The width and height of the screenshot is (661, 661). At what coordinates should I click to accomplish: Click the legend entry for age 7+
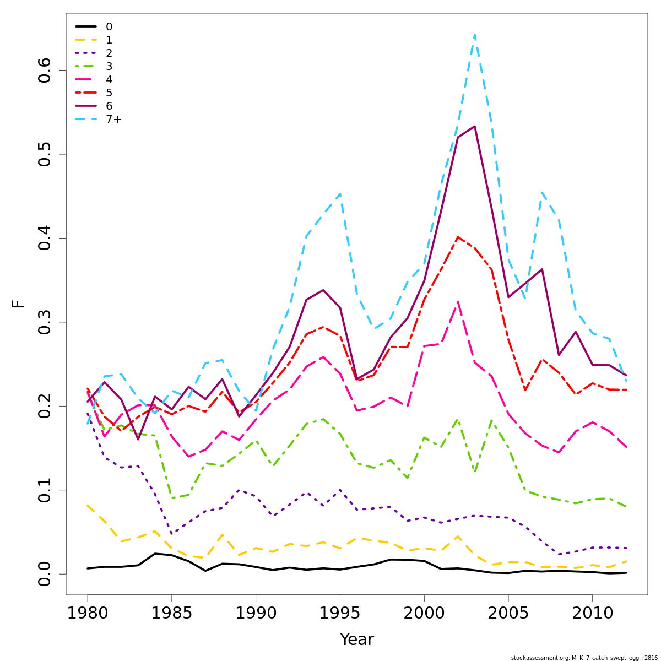pyautogui.click(x=113, y=120)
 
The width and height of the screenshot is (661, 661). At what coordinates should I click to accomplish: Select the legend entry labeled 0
pyautogui.click(x=109, y=27)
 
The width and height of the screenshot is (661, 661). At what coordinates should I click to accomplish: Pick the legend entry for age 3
pyautogui.click(x=109, y=67)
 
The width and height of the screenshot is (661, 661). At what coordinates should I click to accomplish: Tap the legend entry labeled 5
pyautogui.click(x=109, y=93)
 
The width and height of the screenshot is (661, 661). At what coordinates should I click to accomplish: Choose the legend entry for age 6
pyautogui.click(x=109, y=106)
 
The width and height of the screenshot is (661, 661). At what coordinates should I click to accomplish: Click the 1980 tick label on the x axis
pyautogui.click(x=88, y=613)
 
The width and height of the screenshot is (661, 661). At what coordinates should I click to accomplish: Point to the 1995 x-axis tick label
pyautogui.click(x=340, y=613)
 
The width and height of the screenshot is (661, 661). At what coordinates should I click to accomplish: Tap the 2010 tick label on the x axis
pyautogui.click(x=592, y=613)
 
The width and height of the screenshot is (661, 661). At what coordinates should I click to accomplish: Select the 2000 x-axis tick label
pyautogui.click(x=424, y=613)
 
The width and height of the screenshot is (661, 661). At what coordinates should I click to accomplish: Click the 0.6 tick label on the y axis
pyautogui.click(x=45, y=70)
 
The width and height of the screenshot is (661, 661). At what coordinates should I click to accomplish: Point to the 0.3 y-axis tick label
pyautogui.click(x=45, y=322)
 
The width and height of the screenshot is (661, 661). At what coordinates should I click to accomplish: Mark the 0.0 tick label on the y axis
pyautogui.click(x=45, y=574)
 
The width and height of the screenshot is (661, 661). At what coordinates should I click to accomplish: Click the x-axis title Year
pyautogui.click(x=356, y=640)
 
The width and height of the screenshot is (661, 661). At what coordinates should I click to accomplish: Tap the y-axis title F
pyautogui.click(x=18, y=304)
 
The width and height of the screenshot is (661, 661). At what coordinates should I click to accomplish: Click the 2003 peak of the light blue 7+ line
pyautogui.click(x=474, y=35)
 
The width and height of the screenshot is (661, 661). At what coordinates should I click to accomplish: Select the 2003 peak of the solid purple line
pyautogui.click(x=474, y=126)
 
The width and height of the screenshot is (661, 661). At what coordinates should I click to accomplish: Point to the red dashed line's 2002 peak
pyautogui.click(x=458, y=237)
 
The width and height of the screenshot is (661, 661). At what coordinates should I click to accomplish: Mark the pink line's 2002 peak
pyautogui.click(x=458, y=301)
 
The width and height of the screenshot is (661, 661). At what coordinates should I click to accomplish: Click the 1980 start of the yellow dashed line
pyautogui.click(x=88, y=505)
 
